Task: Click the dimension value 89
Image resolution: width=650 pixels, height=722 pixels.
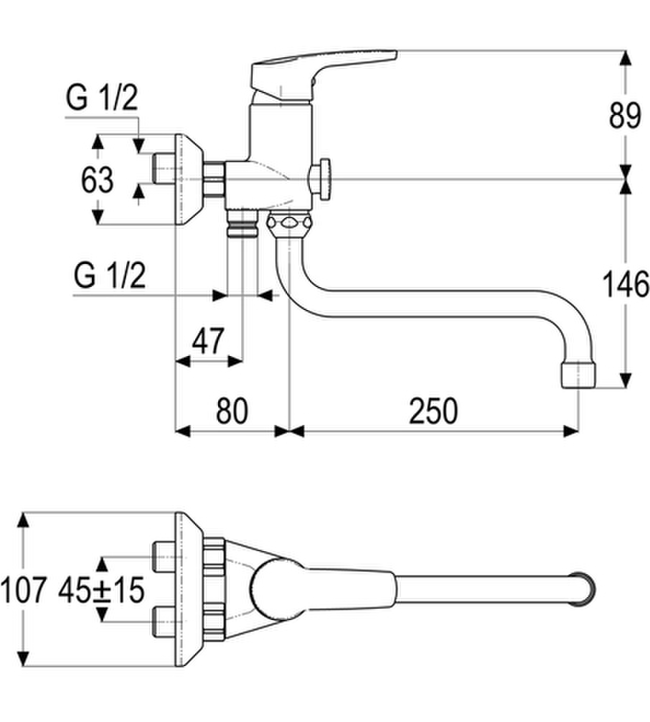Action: (625, 116)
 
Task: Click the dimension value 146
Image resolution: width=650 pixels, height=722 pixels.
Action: (626, 284)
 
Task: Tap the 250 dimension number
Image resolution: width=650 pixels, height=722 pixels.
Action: (433, 411)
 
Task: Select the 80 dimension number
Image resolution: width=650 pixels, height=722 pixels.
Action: (232, 411)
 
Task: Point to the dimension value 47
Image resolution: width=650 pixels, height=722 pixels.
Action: (208, 341)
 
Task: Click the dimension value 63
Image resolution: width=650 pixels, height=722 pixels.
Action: (97, 179)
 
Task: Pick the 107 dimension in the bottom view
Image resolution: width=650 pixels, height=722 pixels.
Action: (24, 590)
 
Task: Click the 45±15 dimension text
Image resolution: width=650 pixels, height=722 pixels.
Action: (101, 590)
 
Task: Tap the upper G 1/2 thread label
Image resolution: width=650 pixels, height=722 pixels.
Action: (102, 98)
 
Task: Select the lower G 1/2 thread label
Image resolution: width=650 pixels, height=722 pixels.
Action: (110, 276)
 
